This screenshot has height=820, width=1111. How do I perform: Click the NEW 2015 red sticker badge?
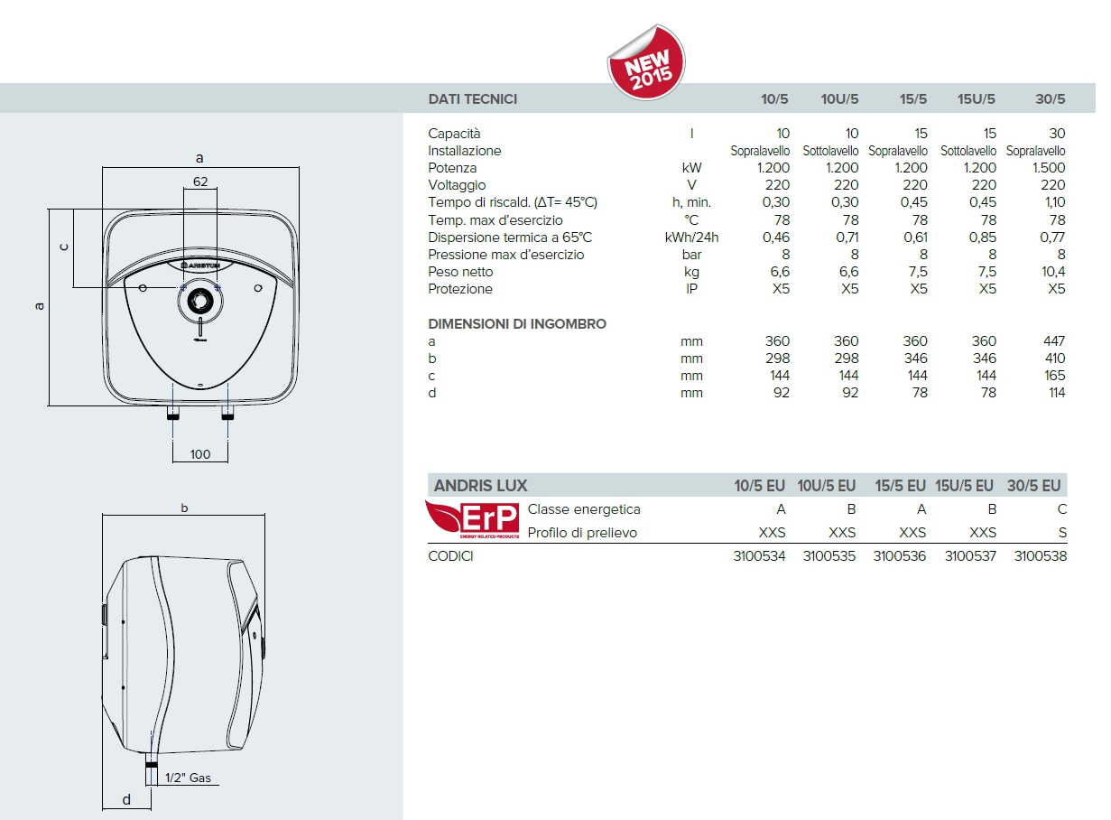point(646,63)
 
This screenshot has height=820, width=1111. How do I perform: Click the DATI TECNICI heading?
point(472,99)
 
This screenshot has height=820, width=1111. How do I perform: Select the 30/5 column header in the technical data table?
point(1050,99)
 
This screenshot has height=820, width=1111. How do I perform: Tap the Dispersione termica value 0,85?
point(982,238)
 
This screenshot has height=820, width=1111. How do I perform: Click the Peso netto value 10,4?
point(1051,272)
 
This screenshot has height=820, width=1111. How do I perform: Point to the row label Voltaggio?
point(457,185)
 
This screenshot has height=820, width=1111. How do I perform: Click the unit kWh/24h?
point(691,238)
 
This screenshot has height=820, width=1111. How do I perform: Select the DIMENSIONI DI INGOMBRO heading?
point(517,323)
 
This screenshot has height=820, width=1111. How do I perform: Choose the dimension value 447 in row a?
point(1052,341)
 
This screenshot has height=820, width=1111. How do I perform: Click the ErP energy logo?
point(472,519)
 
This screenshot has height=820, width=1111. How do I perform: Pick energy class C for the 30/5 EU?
point(1061,509)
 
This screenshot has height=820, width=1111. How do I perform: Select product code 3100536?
point(899,556)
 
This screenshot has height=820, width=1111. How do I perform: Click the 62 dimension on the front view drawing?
point(200,182)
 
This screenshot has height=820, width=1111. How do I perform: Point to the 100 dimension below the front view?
point(200,453)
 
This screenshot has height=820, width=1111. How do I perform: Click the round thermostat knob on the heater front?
point(199,301)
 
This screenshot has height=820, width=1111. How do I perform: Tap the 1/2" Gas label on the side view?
point(188,778)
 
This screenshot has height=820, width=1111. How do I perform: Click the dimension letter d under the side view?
point(125,798)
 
